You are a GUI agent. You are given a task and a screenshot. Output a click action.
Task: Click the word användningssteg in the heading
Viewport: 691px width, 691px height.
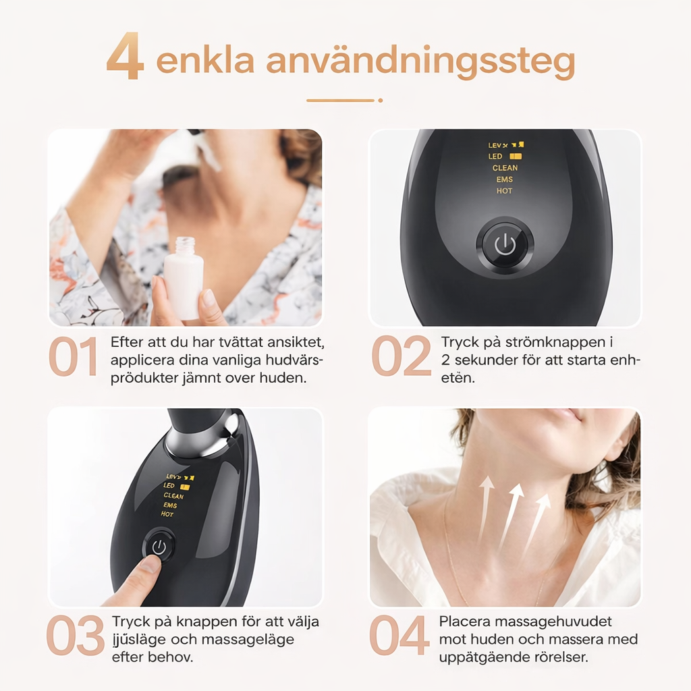[420, 62]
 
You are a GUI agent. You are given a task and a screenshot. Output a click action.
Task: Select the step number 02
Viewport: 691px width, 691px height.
[402, 356]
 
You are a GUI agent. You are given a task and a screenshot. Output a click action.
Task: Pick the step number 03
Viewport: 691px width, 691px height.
[74, 636]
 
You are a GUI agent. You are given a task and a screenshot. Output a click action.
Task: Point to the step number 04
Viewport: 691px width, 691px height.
[399, 636]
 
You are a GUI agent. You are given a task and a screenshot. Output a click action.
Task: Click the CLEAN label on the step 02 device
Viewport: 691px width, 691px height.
[505, 168]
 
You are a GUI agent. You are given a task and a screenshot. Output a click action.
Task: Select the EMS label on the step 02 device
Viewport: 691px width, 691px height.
[505, 179]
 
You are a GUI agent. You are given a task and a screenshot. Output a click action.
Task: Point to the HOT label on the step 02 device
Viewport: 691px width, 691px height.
[505, 191]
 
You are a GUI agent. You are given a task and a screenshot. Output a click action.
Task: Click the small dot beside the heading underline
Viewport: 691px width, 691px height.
[381, 101]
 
